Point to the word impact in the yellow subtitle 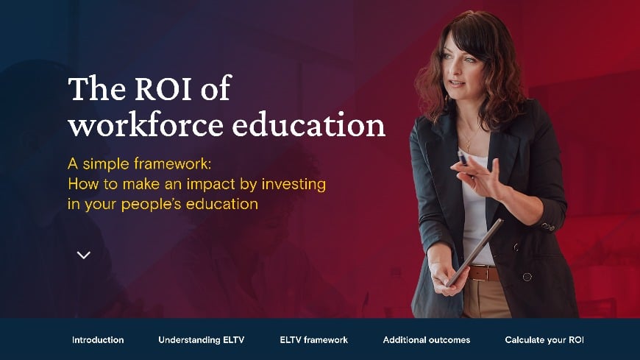point(210,183)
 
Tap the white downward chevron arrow point(84,255)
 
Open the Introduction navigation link point(98,340)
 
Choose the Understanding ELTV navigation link point(201,340)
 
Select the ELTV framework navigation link point(313,340)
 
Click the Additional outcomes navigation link point(426,340)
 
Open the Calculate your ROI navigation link point(544,340)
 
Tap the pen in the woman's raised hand point(463,158)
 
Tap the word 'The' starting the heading point(93,90)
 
